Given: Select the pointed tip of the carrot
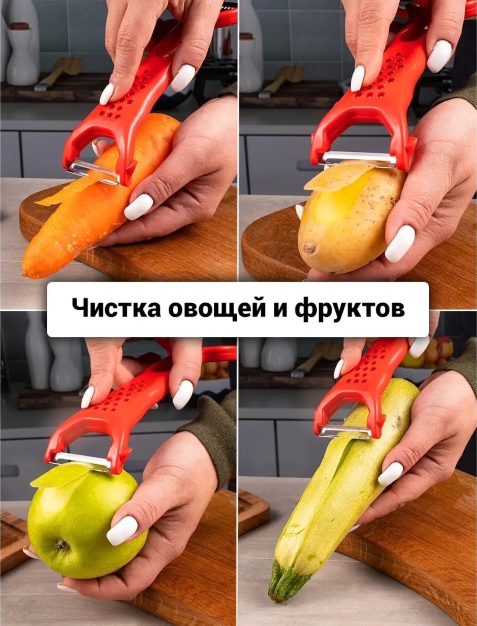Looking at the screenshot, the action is pos(26,273).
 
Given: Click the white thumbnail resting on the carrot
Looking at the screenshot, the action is pos(139,207).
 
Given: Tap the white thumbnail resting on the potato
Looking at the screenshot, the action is pos(400,244).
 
